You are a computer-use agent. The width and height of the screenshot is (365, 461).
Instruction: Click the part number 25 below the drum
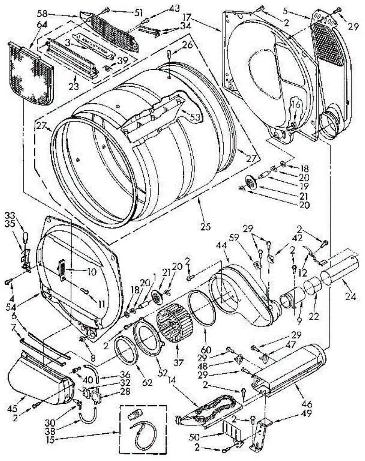click(x=205, y=227)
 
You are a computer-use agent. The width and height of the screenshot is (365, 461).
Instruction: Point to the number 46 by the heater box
click(x=307, y=404)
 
